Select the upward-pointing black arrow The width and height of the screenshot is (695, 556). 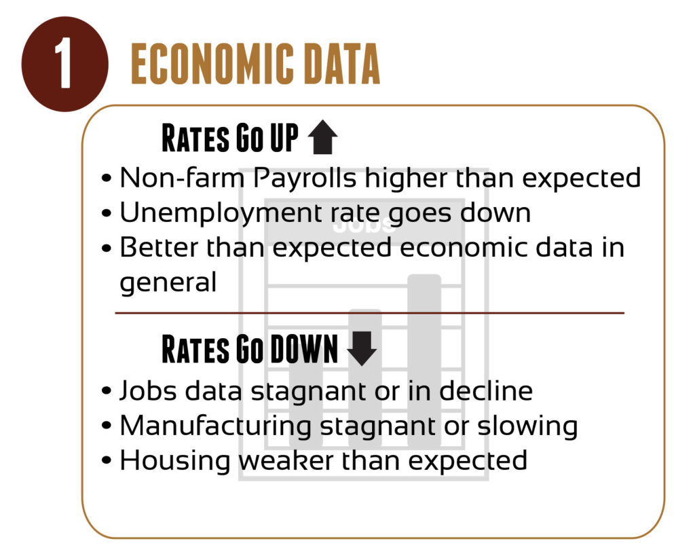tap(322, 137)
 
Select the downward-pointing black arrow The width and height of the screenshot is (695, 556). tap(362, 348)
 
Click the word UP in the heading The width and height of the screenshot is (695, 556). tap(284, 138)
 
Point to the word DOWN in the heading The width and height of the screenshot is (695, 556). tap(304, 350)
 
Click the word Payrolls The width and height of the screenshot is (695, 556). tap(305, 179)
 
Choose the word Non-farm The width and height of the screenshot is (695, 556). tap(182, 178)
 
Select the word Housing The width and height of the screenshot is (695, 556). tap(174, 462)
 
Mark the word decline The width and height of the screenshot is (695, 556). tap(486, 390)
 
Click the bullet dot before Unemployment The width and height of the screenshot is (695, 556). tap(107, 214)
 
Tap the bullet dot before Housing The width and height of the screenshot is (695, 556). tap(107, 461)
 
